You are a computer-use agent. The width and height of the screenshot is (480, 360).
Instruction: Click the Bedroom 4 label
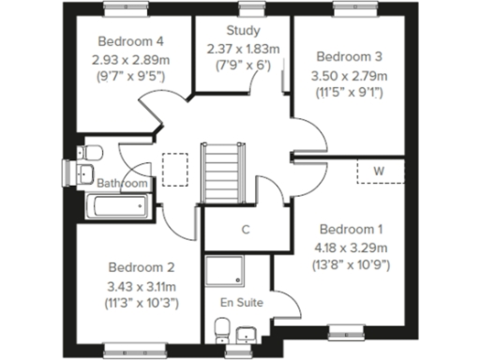(131, 42)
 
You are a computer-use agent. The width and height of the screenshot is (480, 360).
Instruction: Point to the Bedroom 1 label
(351, 229)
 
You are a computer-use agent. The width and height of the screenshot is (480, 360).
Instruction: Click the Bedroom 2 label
(142, 265)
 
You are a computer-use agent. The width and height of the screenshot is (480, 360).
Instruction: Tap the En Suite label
(241, 303)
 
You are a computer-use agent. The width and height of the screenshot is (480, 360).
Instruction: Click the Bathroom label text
(123, 184)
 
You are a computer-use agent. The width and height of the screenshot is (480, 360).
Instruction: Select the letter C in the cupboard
(246, 229)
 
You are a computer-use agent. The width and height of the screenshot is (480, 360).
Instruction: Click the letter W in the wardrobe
(380, 171)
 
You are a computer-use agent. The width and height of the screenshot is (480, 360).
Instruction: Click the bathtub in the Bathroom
(117, 206)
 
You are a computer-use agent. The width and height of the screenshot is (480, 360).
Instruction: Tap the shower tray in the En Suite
(226, 272)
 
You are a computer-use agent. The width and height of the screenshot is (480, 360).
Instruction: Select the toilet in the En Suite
(222, 329)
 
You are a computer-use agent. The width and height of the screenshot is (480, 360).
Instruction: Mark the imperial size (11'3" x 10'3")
(142, 304)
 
